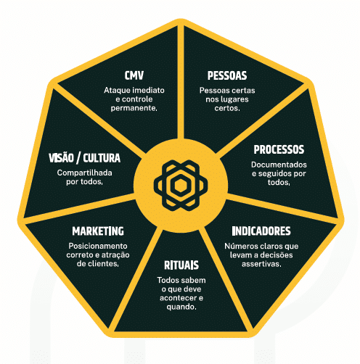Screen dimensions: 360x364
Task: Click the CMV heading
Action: [x=134, y=75]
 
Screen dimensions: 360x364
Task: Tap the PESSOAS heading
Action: [x=227, y=75]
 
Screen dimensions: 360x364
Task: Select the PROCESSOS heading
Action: [x=279, y=149]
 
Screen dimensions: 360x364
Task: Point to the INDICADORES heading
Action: [x=261, y=231]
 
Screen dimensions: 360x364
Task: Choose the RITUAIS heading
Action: [x=181, y=265]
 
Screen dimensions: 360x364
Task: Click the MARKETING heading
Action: [x=98, y=231]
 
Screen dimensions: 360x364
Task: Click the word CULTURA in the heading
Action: [x=102, y=158]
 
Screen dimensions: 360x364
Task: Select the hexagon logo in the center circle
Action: [x=181, y=186]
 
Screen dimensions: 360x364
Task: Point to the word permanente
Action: [x=134, y=108]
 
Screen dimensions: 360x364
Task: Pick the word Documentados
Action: [x=279, y=165]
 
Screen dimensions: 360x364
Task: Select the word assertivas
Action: [x=261, y=264]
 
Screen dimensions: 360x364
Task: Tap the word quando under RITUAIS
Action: [x=181, y=307]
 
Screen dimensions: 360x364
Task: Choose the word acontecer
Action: [x=178, y=298]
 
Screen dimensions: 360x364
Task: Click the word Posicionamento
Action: [x=98, y=246]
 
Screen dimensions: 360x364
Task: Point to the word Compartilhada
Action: [x=85, y=173]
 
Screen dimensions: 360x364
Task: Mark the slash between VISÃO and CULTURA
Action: [x=78, y=158]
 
